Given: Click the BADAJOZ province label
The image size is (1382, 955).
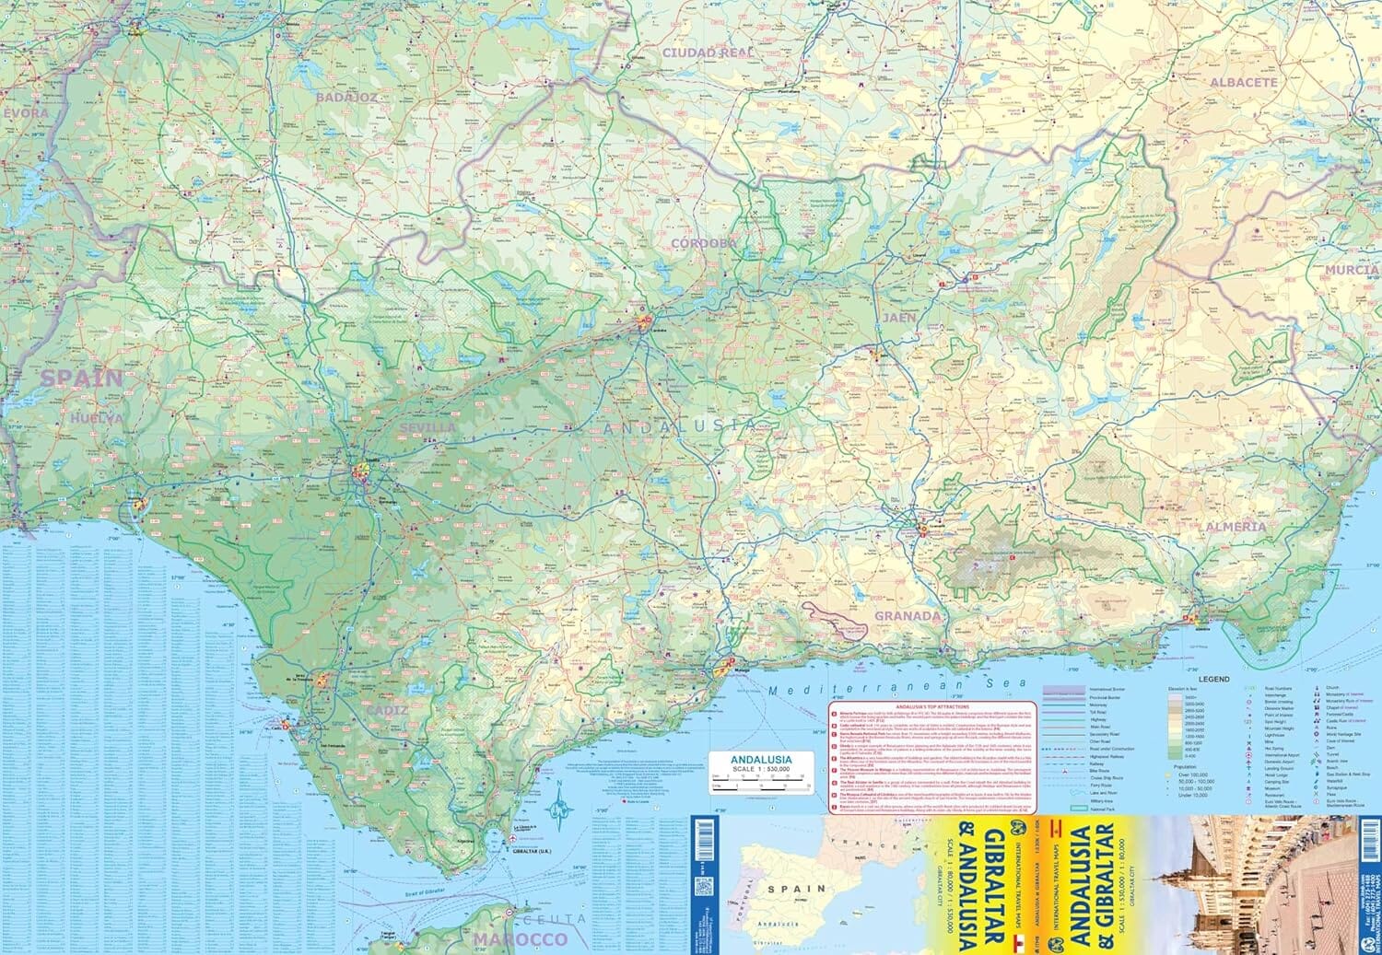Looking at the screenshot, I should (x=345, y=97).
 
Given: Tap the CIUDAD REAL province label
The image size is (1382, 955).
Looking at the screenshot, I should (x=709, y=53).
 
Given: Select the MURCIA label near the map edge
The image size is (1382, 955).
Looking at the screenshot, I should (x=1352, y=271).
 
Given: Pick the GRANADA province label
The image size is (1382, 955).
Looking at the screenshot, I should (x=908, y=616).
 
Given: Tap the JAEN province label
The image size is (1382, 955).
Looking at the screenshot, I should (x=899, y=318).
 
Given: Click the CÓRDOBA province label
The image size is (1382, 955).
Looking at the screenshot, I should (x=705, y=243).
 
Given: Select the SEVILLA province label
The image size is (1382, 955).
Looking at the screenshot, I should (x=427, y=428).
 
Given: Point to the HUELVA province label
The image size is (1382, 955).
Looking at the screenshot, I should (x=95, y=418).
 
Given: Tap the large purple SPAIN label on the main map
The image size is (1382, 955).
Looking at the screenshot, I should (x=81, y=378).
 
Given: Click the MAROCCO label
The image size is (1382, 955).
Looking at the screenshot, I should (x=521, y=938).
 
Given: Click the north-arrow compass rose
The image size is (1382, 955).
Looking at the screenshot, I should (x=558, y=808).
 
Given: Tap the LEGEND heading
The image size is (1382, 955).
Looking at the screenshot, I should (x=1213, y=679).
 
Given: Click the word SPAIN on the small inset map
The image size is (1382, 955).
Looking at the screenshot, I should (x=799, y=890).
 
